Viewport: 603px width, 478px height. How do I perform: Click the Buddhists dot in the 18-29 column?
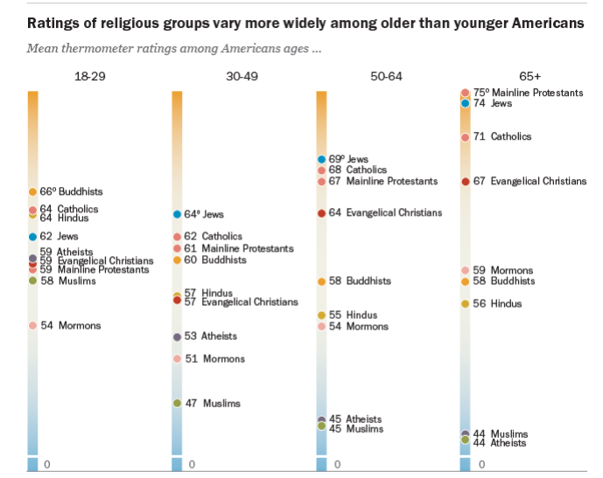(x=32, y=191)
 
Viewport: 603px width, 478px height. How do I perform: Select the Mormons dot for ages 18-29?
(x=32, y=326)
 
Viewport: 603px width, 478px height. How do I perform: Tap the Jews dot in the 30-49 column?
(x=177, y=214)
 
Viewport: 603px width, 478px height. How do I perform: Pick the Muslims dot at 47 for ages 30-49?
(x=177, y=403)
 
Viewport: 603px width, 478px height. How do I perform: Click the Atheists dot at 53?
(x=177, y=336)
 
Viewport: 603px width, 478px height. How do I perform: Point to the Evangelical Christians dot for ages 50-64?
(x=321, y=212)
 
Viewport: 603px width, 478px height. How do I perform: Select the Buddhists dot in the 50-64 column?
(x=321, y=281)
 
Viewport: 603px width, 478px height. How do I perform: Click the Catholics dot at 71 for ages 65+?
(x=466, y=136)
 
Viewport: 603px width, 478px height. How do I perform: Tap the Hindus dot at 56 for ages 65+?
(x=466, y=303)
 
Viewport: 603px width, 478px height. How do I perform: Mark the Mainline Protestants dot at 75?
(x=466, y=93)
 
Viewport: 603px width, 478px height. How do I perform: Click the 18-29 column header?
(x=90, y=77)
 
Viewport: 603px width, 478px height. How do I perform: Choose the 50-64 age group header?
(x=386, y=77)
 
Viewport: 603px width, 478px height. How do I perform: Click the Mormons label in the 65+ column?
(x=512, y=271)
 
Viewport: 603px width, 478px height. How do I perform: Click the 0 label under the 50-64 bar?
(x=337, y=464)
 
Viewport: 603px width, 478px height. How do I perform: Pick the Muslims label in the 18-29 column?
(x=77, y=281)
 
